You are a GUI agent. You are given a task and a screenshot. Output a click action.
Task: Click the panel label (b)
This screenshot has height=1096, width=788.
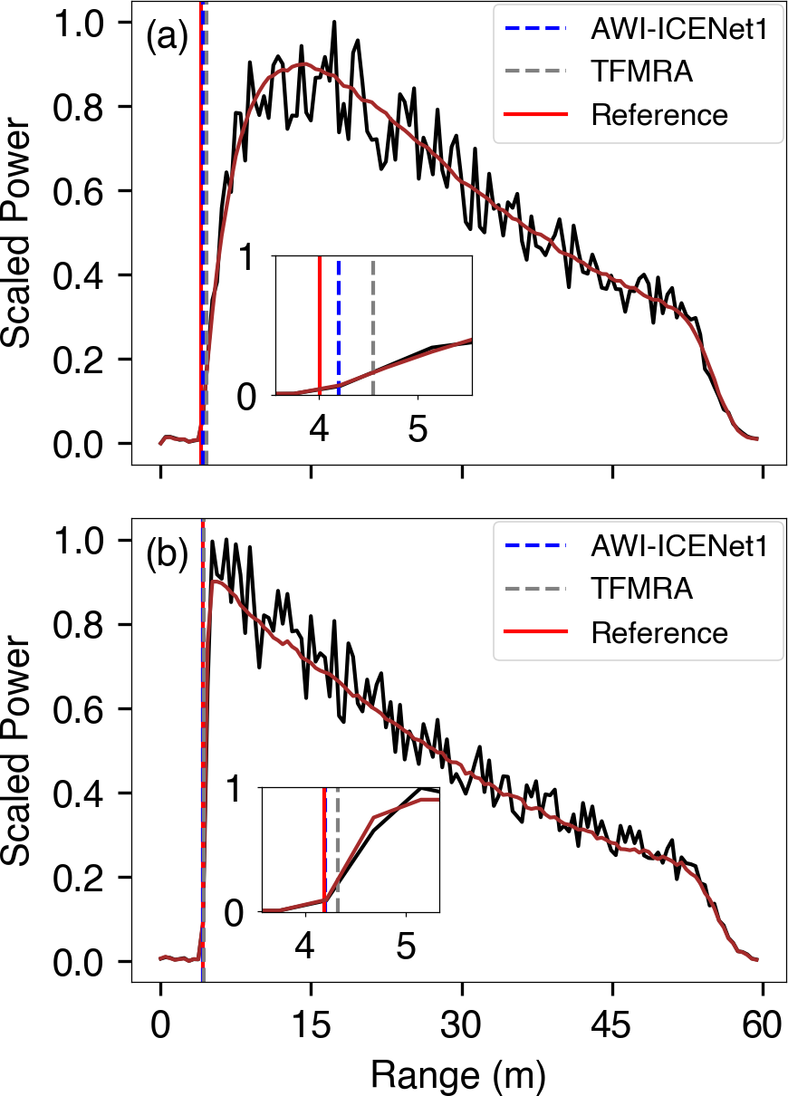click(168, 553)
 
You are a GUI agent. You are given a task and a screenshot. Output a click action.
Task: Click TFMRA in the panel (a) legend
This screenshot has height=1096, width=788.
click(641, 72)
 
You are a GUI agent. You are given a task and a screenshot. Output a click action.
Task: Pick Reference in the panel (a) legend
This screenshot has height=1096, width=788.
click(658, 115)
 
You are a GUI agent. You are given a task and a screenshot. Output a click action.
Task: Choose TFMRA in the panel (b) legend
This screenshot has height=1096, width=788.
click(641, 589)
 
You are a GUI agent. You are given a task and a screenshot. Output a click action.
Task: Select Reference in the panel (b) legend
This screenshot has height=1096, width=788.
click(658, 631)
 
